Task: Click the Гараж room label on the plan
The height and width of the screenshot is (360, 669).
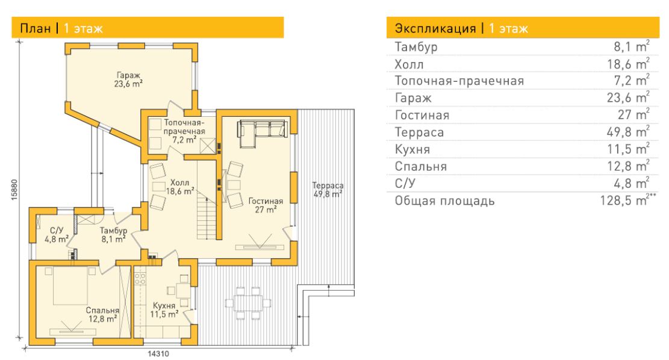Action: (x=128, y=75)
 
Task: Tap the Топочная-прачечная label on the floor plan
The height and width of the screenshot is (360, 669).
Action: (x=184, y=127)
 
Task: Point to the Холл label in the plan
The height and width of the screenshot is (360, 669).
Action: (x=179, y=183)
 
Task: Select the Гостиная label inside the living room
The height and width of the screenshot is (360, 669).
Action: (x=266, y=201)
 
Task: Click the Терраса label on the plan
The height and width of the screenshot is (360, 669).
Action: (x=328, y=185)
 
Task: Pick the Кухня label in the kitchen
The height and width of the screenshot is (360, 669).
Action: (x=164, y=306)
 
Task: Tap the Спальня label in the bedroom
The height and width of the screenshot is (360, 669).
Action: (x=102, y=311)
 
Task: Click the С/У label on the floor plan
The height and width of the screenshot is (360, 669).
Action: (x=57, y=231)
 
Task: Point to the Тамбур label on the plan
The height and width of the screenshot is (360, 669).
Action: (x=113, y=231)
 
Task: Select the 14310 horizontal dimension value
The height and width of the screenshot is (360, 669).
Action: (x=158, y=353)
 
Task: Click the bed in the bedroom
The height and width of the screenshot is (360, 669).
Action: (x=70, y=285)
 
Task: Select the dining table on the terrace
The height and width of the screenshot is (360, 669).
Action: (x=248, y=303)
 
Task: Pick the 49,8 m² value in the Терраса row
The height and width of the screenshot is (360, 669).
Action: (x=628, y=132)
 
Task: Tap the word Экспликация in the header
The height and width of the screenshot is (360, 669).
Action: (x=435, y=28)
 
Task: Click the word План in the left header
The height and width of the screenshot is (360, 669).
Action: (x=36, y=28)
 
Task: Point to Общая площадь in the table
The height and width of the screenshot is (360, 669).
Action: (x=444, y=200)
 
